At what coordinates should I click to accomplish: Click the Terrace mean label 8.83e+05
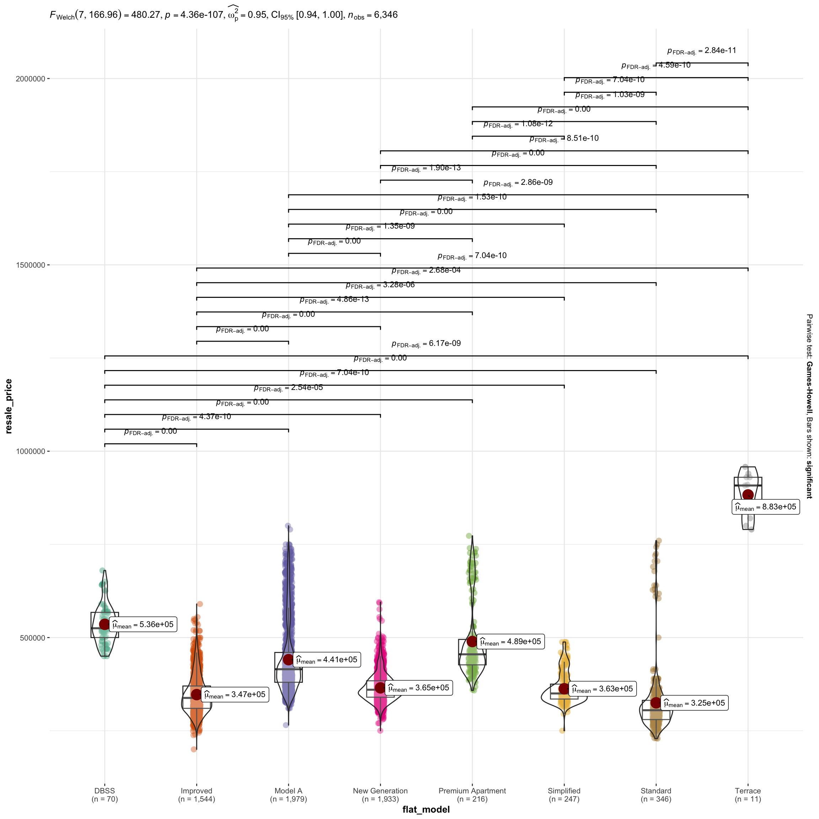click(x=765, y=507)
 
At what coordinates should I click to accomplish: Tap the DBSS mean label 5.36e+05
click(x=143, y=625)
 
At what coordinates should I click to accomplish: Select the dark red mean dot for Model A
click(x=288, y=660)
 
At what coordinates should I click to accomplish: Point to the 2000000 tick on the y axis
click(x=31, y=79)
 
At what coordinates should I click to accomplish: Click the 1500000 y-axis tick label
click(x=31, y=265)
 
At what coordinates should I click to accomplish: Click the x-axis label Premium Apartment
click(x=472, y=791)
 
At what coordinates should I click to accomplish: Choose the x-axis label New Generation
click(x=380, y=791)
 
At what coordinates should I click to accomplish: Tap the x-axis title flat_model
click(x=426, y=810)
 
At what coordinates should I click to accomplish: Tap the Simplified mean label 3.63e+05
click(x=602, y=689)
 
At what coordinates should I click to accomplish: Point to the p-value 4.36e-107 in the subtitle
click(x=198, y=15)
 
